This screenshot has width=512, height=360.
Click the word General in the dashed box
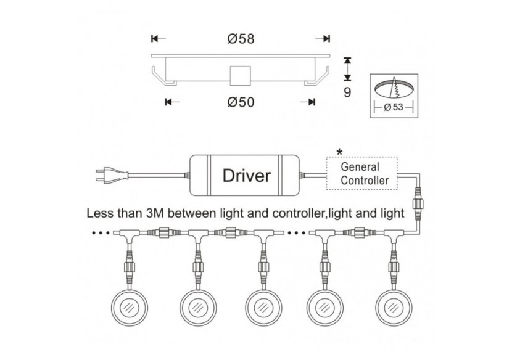[x=362, y=167]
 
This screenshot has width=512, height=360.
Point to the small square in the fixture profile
[x=239, y=75]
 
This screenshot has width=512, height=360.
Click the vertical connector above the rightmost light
[x=393, y=270]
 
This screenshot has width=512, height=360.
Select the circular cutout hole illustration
[x=393, y=89]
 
